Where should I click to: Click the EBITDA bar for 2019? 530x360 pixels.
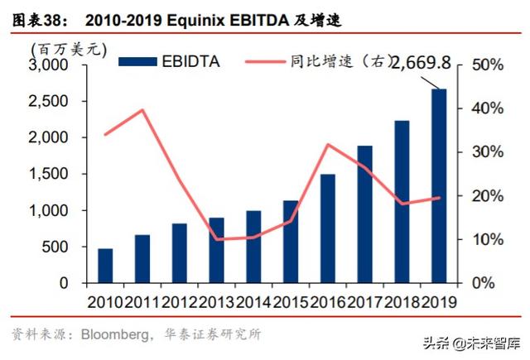click(439, 186)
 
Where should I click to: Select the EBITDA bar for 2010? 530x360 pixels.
click(105, 266)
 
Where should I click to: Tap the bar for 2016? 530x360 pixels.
click(327, 228)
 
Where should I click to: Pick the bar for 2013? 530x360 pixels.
click(216, 250)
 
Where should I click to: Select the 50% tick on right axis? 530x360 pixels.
click(484, 65)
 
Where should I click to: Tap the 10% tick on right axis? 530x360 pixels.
click(484, 239)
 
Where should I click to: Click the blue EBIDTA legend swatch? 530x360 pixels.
click(137, 60)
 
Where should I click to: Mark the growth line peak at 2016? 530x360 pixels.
click(328, 145)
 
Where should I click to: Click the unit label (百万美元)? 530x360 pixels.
click(68, 49)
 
